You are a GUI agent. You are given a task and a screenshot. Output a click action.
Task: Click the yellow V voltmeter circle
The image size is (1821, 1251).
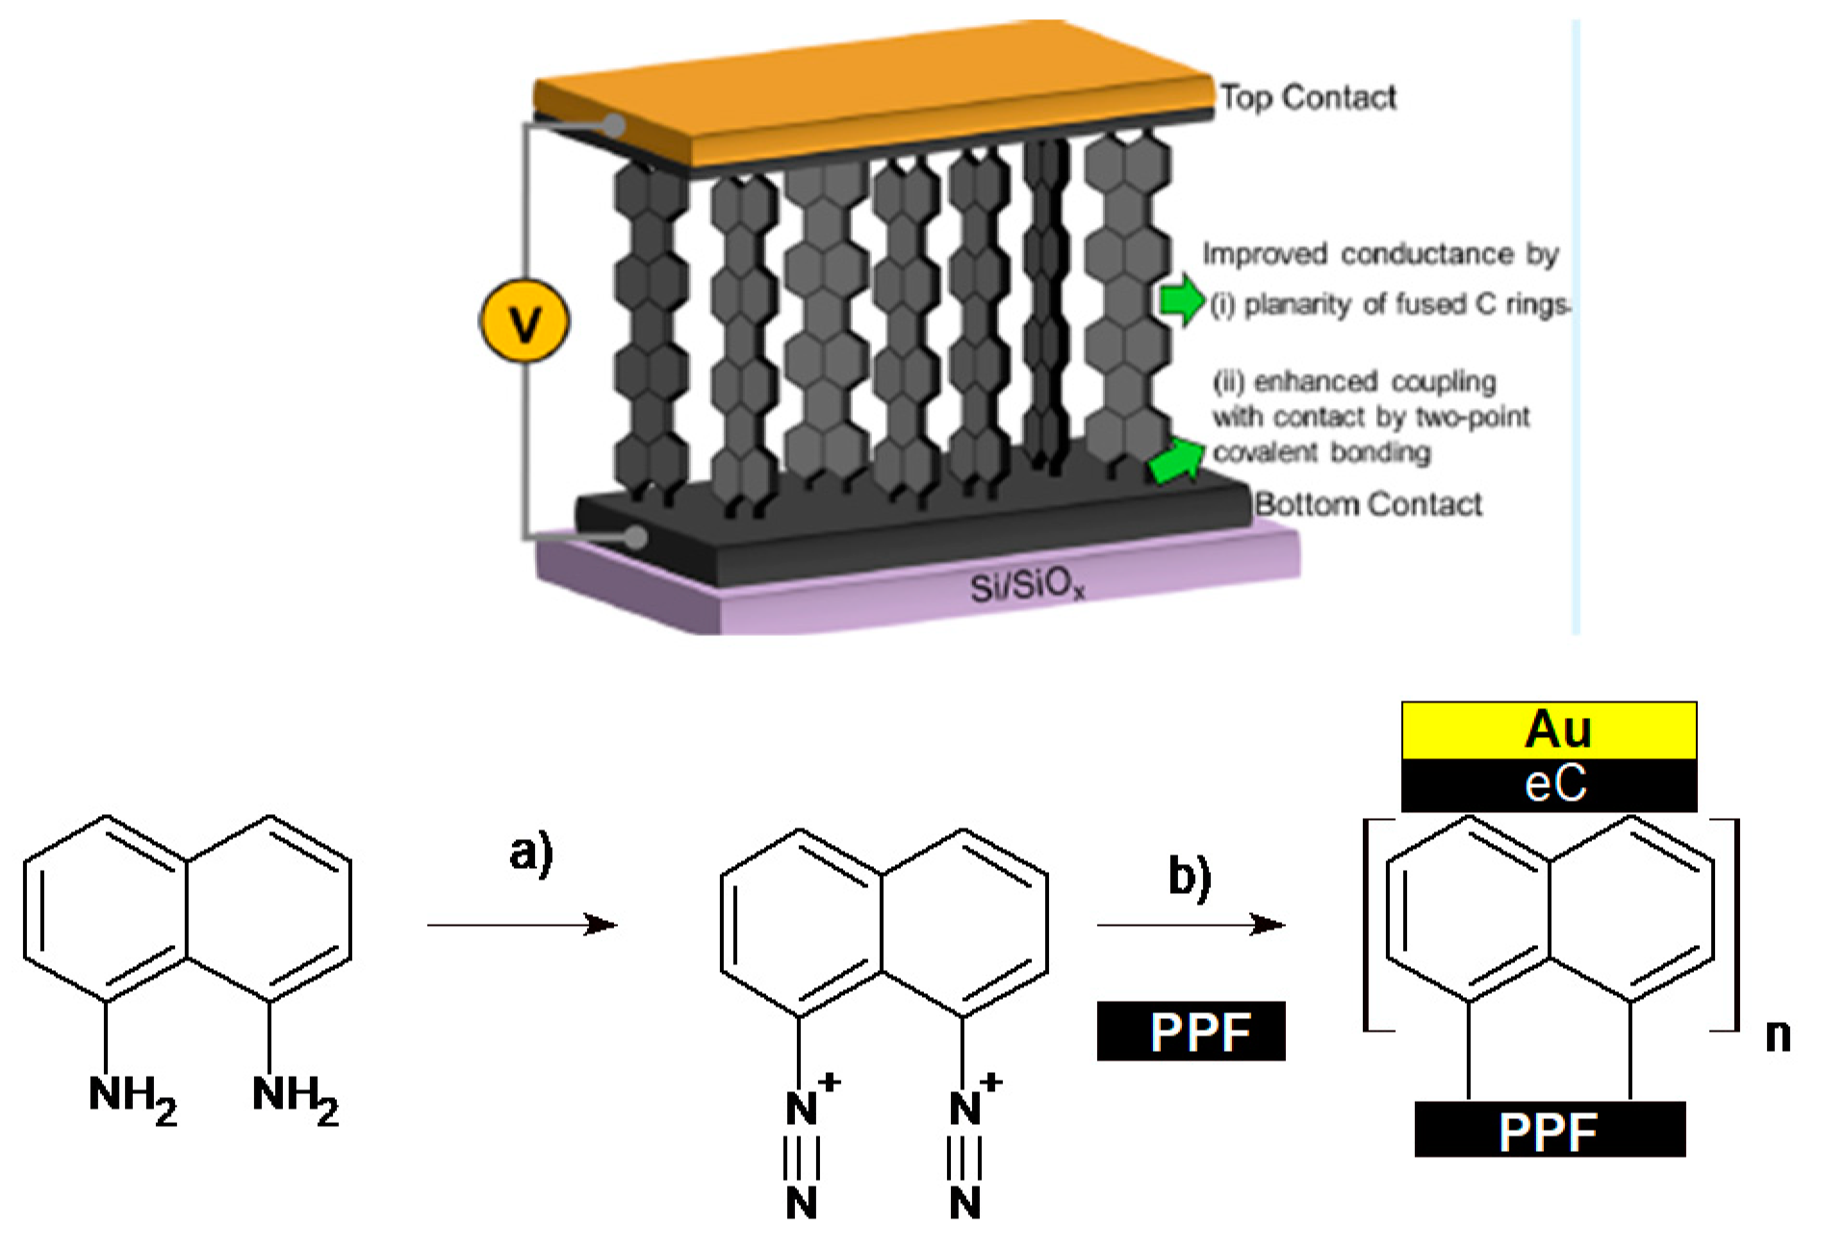coord(525,322)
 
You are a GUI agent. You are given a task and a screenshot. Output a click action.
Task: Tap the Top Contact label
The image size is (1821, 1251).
coord(1308,97)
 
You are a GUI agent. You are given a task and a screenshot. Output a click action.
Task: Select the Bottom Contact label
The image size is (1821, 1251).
coord(1369,503)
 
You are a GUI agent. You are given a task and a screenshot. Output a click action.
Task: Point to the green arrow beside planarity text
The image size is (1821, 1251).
coord(1180,299)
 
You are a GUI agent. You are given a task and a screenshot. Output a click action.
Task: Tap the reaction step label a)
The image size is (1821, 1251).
coord(531,854)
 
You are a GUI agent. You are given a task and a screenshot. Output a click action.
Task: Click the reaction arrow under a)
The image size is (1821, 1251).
coord(522,925)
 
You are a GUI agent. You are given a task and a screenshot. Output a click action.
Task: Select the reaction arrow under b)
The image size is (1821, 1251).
coord(1191,925)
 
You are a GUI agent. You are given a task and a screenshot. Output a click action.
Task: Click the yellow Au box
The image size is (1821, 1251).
coord(1549,730)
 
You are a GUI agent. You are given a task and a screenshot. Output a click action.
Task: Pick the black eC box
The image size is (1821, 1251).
coord(1549,785)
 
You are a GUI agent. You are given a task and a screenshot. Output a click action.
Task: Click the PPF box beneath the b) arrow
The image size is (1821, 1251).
coord(1191,1032)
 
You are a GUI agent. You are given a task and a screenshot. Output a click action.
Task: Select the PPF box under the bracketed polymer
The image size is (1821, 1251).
coord(1549,1130)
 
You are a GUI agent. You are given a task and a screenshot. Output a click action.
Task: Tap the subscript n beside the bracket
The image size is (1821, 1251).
coord(1778,1035)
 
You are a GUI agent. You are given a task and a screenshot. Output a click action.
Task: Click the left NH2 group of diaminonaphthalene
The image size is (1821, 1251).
coord(132,1097)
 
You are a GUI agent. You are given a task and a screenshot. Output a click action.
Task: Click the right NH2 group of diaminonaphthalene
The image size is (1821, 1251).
coord(295,1097)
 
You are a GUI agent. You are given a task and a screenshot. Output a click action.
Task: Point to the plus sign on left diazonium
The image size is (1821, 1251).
coord(830,1083)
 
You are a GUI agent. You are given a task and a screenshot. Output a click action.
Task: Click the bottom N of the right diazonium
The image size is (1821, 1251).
coord(964,1203)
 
